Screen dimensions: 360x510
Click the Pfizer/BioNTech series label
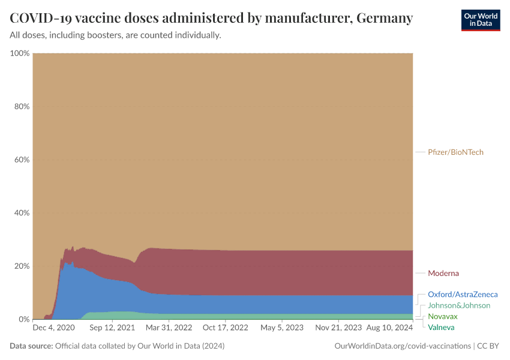click(455, 152)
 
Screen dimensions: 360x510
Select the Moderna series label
click(443, 274)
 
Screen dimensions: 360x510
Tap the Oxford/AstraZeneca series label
click(463, 295)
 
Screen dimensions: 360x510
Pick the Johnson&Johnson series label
click(459, 305)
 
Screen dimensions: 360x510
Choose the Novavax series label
click(443, 316)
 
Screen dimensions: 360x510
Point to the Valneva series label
click(441, 327)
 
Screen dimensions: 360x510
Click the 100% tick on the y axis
click(20, 53)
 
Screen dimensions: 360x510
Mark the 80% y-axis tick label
click(21, 107)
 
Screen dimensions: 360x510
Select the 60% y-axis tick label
click(21, 160)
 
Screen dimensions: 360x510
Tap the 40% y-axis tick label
click(21, 213)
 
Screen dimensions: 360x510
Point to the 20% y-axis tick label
click(21, 266)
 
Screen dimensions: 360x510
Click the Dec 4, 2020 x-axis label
click(53, 328)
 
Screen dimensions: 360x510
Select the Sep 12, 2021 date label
click(112, 328)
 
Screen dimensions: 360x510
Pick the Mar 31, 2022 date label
click(169, 328)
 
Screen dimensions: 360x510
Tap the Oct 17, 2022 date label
click(226, 328)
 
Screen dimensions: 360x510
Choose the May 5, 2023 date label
click(282, 328)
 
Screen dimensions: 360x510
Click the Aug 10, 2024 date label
click(390, 328)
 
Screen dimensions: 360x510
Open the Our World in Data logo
click(480, 20)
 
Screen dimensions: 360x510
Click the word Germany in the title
click(384, 18)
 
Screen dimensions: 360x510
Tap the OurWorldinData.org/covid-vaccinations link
click(401, 346)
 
